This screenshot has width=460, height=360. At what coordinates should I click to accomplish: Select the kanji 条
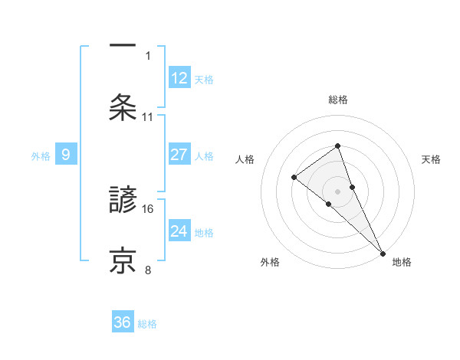(123, 107)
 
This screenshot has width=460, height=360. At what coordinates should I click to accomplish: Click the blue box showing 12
(179, 78)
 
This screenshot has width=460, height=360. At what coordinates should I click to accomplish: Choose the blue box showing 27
(179, 155)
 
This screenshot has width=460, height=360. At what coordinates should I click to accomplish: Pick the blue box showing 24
(179, 231)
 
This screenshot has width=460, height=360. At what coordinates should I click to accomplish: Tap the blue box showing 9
(66, 155)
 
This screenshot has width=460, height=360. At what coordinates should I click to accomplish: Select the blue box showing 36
(123, 322)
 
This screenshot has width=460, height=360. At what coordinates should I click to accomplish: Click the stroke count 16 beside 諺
(148, 208)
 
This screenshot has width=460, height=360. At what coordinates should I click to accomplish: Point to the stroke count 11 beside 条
(148, 116)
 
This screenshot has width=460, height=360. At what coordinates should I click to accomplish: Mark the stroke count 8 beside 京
(148, 269)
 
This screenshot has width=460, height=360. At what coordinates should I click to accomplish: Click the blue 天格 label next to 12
(204, 80)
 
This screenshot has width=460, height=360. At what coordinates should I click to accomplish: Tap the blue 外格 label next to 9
(41, 156)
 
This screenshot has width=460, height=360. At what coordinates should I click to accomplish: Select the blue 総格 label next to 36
(147, 324)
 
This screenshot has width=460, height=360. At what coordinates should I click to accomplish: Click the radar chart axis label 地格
(402, 263)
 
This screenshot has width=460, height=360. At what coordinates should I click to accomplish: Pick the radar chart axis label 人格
(245, 159)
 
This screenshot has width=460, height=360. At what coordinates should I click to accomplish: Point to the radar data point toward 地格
(382, 252)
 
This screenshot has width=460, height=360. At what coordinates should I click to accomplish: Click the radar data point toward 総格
(337, 146)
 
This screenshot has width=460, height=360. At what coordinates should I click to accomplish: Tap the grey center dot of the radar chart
(337, 191)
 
